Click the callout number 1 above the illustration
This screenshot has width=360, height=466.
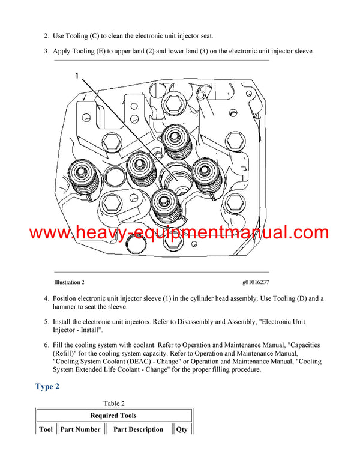(77, 75)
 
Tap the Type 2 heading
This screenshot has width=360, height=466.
(47, 386)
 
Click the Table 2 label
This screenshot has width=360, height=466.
(114, 404)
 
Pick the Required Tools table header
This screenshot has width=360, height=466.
(113, 416)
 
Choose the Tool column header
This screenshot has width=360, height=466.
(46, 429)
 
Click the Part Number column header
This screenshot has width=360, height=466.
(80, 429)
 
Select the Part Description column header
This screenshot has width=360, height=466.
(138, 429)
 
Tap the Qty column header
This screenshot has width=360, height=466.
(182, 429)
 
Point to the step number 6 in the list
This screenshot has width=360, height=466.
(47, 345)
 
